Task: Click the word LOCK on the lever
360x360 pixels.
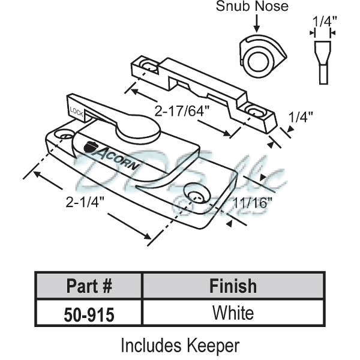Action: point(76,110)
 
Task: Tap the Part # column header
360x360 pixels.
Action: point(88,286)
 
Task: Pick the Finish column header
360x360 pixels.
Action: point(233,286)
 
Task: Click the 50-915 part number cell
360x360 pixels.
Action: point(88,313)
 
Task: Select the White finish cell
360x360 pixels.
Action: point(233,313)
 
